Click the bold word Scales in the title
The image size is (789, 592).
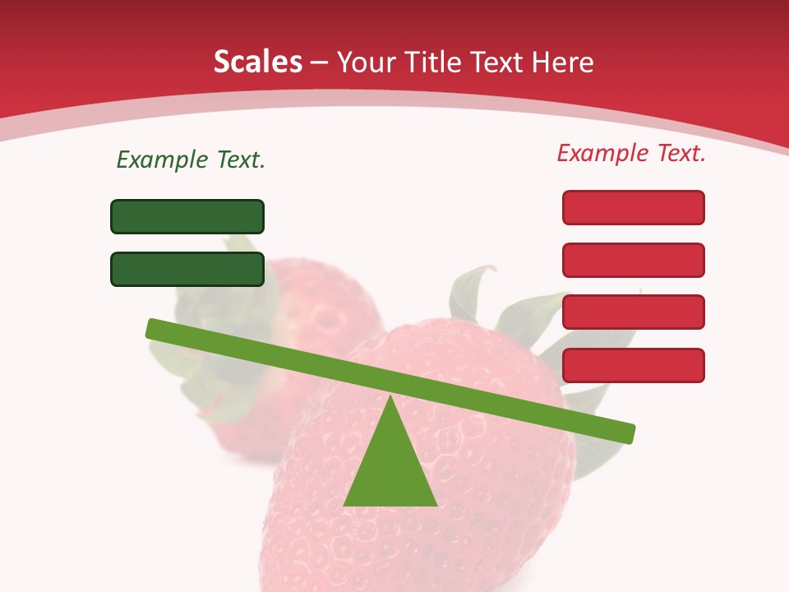tap(257, 62)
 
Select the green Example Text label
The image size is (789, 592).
tap(191, 160)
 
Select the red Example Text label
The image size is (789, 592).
tap(631, 153)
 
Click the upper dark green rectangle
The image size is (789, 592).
tap(187, 216)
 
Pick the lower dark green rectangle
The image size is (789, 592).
tap(187, 269)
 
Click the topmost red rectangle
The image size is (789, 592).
tap(634, 207)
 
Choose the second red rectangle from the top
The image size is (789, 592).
tap(634, 260)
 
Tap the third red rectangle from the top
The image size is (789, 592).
tap(634, 312)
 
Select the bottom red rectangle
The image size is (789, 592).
tap(634, 365)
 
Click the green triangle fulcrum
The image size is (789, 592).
tap(390, 469)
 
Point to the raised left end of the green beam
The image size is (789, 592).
tap(153, 328)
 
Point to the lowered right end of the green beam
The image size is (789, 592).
tap(629, 433)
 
